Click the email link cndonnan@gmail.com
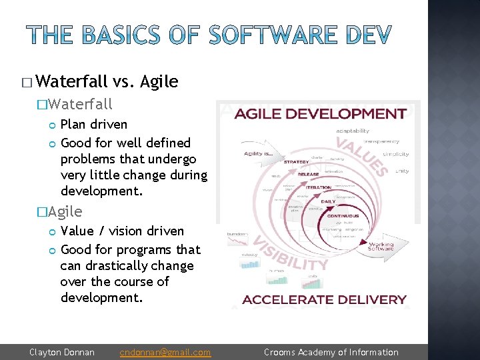[x=165, y=352]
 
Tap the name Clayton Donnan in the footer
[x=62, y=352]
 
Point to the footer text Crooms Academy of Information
[x=331, y=352]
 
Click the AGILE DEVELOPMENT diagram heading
[x=320, y=113]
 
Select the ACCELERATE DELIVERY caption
[x=324, y=299]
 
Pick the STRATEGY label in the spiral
[x=296, y=161]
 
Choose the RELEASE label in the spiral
[x=308, y=175]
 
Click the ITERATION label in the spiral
[x=319, y=188]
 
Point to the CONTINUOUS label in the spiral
[x=342, y=216]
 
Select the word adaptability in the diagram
[x=352, y=131]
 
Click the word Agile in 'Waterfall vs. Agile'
[x=159, y=82]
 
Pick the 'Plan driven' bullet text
[x=94, y=125]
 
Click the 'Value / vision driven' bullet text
[x=122, y=231]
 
